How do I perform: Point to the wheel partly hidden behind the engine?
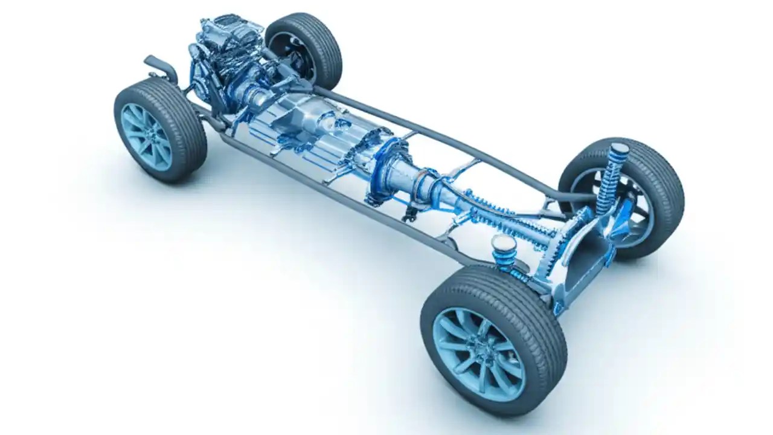pos(305,48)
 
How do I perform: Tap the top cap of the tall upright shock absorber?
pos(619,149)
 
